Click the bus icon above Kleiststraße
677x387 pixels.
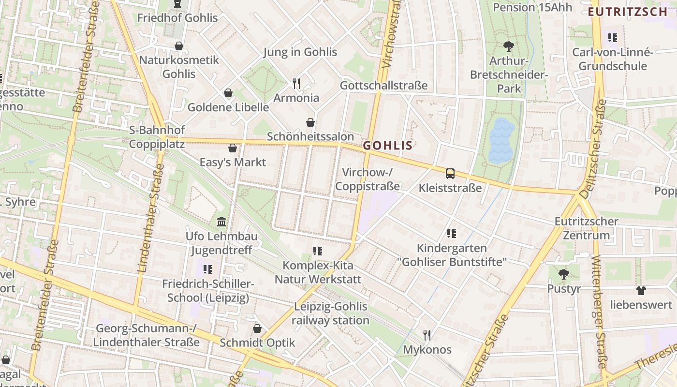point(450,173)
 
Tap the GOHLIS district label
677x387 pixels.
point(388,146)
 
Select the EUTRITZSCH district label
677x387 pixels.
point(627,12)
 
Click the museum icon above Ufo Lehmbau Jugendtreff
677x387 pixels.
point(221,222)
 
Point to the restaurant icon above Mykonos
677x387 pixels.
point(427,335)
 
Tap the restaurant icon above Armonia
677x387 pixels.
point(297,83)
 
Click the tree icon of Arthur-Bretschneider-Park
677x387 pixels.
point(508,46)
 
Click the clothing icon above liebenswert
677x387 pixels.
point(641,290)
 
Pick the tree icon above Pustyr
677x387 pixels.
point(563,274)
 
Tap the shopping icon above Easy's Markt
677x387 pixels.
point(233,148)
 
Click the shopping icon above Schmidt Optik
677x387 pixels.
point(257,328)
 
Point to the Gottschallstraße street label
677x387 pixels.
point(384,86)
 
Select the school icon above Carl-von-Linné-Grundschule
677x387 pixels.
point(613,37)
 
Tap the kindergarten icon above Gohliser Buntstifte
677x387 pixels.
point(452,234)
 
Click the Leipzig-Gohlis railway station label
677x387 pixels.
point(331,313)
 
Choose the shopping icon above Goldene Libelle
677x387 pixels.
point(228,93)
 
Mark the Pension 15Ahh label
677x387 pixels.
point(532,7)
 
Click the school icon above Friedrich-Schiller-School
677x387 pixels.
point(208,269)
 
